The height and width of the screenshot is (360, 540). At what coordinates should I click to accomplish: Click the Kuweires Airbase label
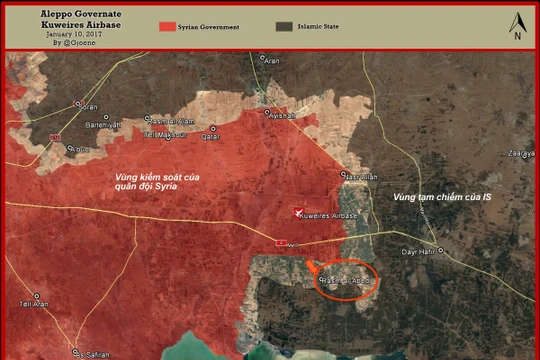coord(329,214)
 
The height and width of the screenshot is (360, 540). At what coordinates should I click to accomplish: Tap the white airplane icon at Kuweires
coord(298,210)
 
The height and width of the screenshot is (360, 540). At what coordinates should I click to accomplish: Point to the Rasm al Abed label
coord(346,282)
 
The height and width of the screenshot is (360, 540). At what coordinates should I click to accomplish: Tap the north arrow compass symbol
coord(517,26)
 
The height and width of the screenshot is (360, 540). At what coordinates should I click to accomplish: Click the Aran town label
coord(273,62)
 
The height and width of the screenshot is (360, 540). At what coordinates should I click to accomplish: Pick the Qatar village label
coord(211,136)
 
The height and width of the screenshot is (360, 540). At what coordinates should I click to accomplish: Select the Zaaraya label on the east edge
coord(520,153)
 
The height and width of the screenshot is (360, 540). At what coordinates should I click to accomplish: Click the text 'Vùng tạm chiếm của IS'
coord(441,197)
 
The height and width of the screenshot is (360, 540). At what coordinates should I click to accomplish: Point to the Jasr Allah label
coord(360,177)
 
